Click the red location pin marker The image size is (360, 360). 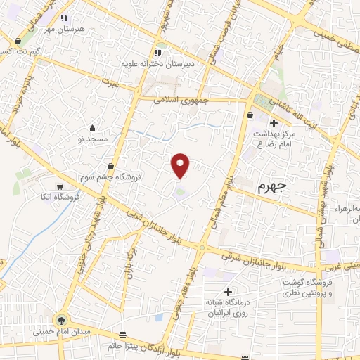[181, 165]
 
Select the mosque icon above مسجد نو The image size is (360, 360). [92, 127]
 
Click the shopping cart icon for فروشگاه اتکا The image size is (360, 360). [60, 186]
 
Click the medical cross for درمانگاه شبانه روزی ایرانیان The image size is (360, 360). [227, 292]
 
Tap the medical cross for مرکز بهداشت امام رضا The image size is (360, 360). [274, 123]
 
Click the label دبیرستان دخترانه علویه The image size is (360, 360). [160, 63]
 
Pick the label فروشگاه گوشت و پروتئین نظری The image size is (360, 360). [307, 288]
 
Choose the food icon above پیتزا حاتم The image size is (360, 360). [124, 335]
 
